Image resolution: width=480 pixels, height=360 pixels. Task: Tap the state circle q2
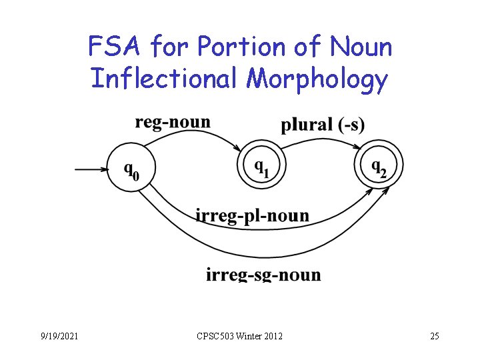tap(378, 165)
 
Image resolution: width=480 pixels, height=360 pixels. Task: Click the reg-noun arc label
tap(173, 122)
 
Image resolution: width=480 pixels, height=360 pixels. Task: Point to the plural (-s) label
tap(323, 125)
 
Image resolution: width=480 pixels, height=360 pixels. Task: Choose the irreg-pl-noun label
tap(253, 215)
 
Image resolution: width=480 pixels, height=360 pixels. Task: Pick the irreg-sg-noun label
tap(263, 274)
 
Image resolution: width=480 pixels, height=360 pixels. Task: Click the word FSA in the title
tap(116, 47)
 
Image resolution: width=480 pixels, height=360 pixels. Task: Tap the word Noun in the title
tap(361, 47)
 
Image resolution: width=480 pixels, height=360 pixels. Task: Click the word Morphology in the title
tap(316, 79)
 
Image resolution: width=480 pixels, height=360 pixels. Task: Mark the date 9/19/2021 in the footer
tap(58, 336)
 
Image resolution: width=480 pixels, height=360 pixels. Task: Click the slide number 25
tap(434, 336)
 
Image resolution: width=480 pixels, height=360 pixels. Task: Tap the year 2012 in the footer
tap(271, 336)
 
